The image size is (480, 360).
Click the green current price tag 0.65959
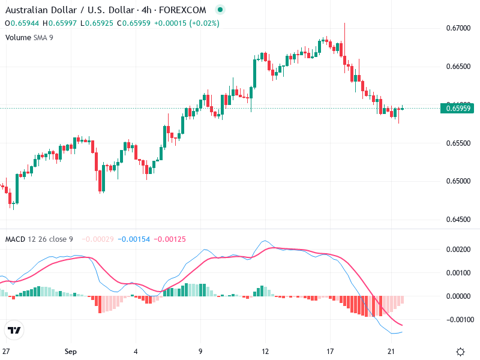tap(458, 109)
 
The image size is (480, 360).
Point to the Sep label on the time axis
tap(71, 351)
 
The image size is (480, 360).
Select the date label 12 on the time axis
tap(265, 351)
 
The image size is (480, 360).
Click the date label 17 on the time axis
tap(329, 351)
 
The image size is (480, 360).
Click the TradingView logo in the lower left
tap(14, 331)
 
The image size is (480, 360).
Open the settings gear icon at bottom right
tap(460, 351)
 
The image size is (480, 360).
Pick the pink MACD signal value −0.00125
tap(170, 239)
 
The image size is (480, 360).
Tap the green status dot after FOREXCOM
tap(220, 10)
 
